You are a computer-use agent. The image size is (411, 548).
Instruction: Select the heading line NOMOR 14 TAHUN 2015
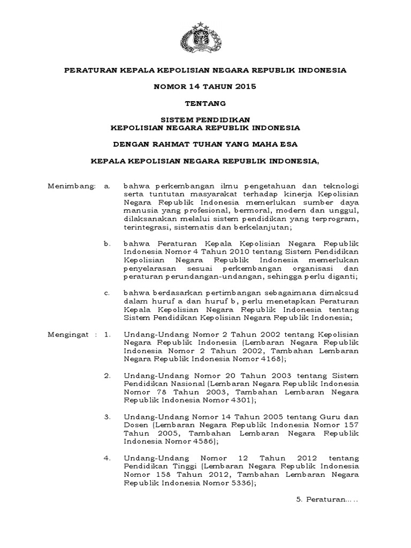(x=205, y=86)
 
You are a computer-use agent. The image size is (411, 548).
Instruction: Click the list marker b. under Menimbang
(x=107, y=243)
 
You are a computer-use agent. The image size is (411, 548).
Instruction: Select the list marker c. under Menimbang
(x=107, y=293)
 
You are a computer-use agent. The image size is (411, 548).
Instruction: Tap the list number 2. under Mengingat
(x=107, y=376)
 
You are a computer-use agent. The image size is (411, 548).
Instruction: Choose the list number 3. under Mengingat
(x=107, y=417)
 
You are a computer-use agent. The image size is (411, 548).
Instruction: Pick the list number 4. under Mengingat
(x=107, y=458)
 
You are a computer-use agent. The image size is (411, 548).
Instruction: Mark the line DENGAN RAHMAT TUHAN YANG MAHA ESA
(x=205, y=143)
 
